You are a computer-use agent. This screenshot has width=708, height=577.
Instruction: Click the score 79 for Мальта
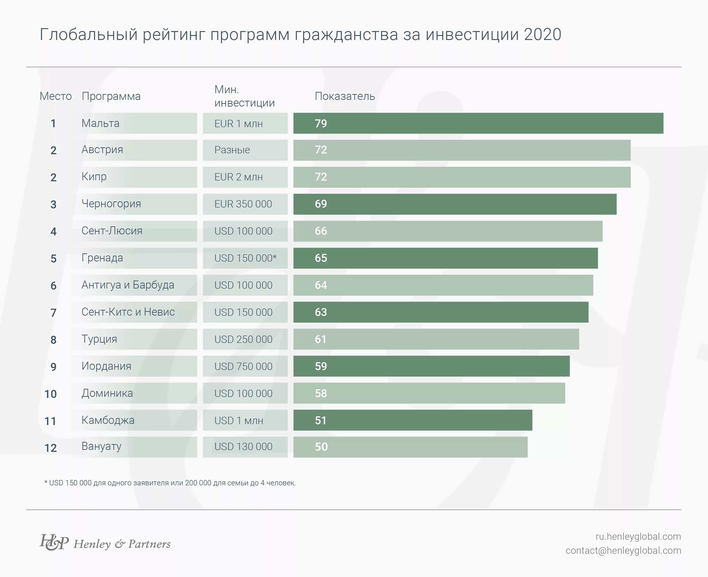321,123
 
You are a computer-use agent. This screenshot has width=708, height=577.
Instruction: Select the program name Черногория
111,204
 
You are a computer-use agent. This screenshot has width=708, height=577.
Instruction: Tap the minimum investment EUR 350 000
243,204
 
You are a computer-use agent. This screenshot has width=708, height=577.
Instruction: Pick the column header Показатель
345,96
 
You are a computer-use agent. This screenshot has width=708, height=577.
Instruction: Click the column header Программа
111,96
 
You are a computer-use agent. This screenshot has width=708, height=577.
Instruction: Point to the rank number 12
51,448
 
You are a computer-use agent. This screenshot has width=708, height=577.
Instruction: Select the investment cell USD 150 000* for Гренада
245,258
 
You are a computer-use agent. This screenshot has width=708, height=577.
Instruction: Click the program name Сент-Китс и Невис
128,312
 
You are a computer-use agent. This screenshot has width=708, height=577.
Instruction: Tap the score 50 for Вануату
321,447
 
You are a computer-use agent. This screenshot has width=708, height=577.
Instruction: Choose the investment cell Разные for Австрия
232,150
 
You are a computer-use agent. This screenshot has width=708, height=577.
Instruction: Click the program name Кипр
94,177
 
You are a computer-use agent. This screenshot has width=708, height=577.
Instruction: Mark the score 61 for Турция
320,339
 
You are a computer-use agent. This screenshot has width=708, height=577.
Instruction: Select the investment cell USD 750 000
243,366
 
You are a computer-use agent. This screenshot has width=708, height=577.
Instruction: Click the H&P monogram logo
54,543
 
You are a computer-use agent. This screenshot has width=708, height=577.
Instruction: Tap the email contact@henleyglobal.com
623,551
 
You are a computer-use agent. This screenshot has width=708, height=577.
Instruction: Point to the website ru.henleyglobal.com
638,536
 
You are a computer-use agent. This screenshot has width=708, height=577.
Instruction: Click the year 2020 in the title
543,34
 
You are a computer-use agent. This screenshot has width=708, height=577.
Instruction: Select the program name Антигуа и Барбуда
128,285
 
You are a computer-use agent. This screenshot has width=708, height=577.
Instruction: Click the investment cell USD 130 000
243,447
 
